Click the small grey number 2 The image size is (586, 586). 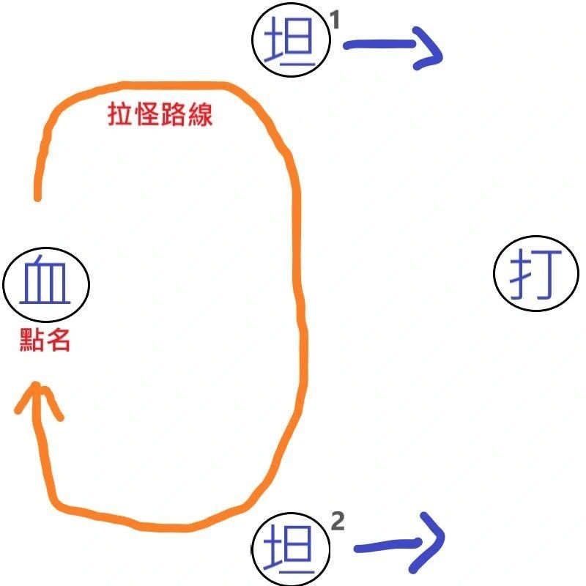[x=338, y=522]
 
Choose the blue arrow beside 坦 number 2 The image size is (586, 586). [x=399, y=544]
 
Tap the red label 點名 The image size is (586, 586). [x=45, y=341]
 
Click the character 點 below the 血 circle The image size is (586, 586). [x=32, y=341]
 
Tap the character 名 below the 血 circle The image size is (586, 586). [x=59, y=341]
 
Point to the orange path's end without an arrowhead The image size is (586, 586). [x=37, y=196]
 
